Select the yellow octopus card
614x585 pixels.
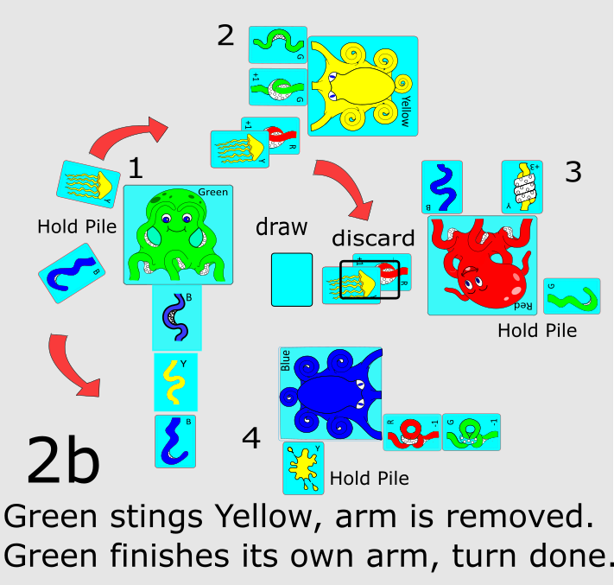tap(363, 86)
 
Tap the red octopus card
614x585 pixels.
tap(482, 265)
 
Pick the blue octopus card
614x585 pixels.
tap(330, 393)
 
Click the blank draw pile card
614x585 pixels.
tap(292, 279)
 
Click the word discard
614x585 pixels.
tap(374, 238)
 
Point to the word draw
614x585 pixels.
tap(282, 227)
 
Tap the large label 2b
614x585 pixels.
tap(63, 461)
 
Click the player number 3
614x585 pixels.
tap(573, 172)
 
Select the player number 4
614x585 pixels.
tap(251, 440)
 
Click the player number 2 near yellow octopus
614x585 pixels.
tap(225, 35)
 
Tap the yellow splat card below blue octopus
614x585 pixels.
tap(304, 467)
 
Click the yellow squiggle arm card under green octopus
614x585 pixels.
tap(176, 381)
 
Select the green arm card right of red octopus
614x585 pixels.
tap(572, 296)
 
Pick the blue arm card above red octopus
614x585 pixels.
tap(442, 187)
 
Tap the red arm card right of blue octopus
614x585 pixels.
tap(412, 431)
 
